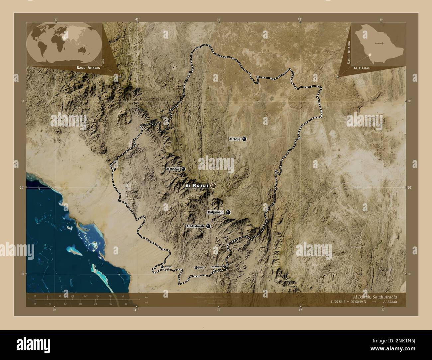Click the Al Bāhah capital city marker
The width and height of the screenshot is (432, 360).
pos(213,186)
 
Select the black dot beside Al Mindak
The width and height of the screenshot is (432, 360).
pos(183,169)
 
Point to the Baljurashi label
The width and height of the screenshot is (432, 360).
pos(216,212)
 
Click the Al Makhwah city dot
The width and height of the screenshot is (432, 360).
pos(208,226)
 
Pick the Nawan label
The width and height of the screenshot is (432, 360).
pos(168,267)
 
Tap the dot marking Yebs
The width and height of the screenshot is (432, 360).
pos(196,267)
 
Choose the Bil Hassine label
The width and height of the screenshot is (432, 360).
pos(216,266)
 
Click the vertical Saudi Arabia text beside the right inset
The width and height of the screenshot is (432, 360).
pos(349,52)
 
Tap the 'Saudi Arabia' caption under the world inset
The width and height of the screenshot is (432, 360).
pos(88,67)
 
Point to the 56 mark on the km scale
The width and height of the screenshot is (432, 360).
pos(123,296)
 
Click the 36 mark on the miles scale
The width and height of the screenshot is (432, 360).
pos(126,304)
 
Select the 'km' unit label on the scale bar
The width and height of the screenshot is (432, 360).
pos(146,296)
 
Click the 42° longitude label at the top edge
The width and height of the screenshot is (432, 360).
pos(300,19)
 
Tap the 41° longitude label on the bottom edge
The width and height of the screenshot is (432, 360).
pos(136,310)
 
